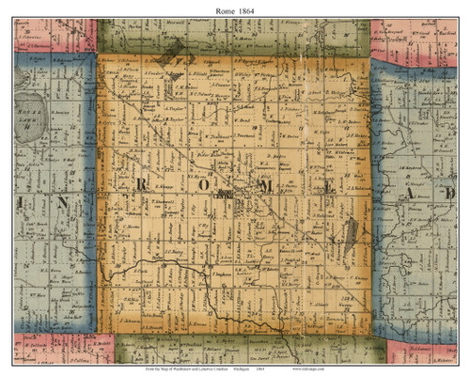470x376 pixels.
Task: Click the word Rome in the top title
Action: pyautogui.click(x=222, y=8)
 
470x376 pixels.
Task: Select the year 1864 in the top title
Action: pyautogui.click(x=248, y=8)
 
